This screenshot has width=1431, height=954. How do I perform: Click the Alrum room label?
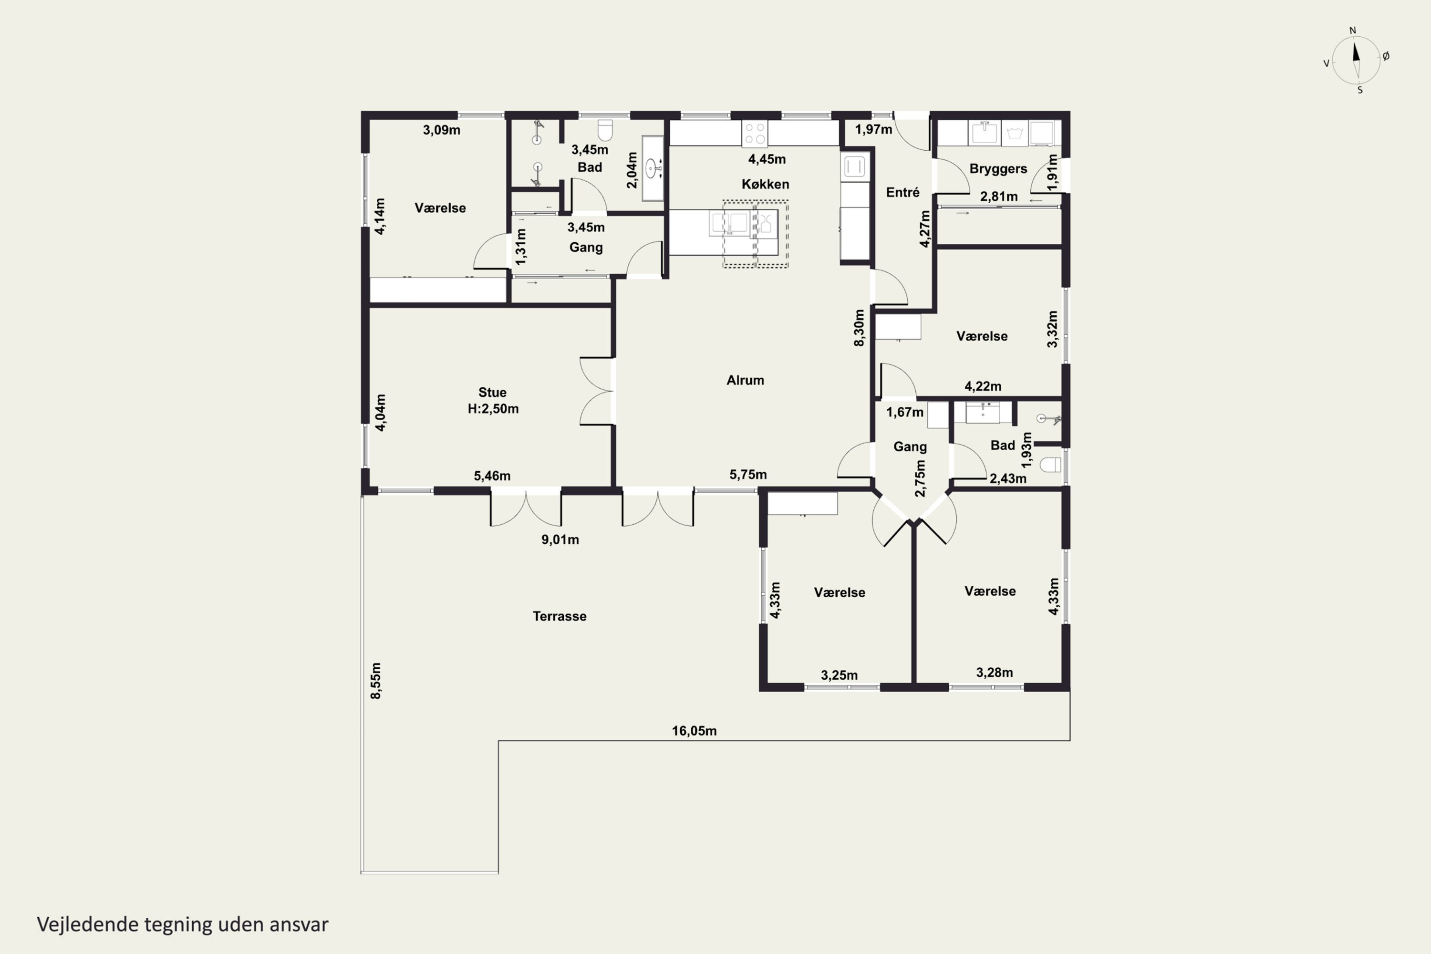(745, 380)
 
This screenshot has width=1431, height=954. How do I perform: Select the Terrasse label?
(559, 616)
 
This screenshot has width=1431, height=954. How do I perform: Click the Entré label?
(902, 192)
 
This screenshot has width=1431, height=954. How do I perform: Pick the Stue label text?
(492, 393)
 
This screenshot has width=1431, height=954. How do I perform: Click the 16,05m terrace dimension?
(694, 731)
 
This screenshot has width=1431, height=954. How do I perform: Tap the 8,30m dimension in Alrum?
(859, 328)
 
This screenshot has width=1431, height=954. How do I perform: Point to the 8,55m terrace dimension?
(376, 681)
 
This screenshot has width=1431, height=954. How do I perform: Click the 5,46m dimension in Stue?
(492, 476)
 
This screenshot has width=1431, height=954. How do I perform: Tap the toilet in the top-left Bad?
(605, 130)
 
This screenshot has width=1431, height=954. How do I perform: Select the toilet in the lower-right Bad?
(1051, 465)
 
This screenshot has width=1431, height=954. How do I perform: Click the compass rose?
(1356, 60)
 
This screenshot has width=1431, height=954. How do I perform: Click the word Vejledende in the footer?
(88, 924)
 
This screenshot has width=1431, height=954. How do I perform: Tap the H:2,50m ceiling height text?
(493, 409)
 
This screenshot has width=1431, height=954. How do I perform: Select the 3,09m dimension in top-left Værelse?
(442, 130)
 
